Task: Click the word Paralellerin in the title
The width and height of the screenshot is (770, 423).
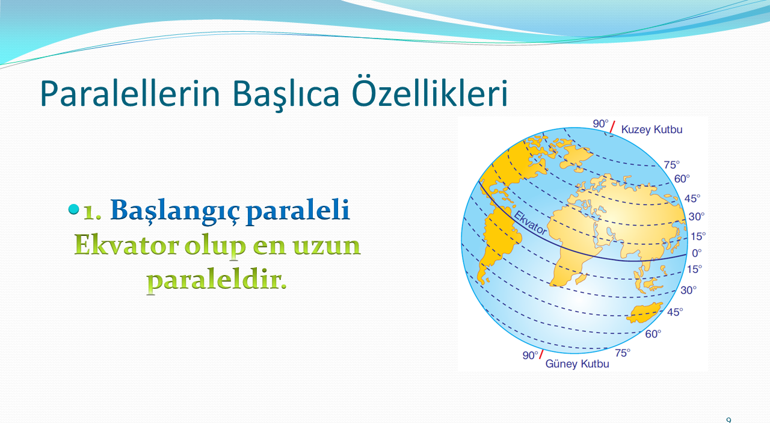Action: click(x=130, y=93)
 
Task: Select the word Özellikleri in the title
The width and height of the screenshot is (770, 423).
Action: click(x=430, y=91)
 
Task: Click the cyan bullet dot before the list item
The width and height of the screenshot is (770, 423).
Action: click(x=73, y=209)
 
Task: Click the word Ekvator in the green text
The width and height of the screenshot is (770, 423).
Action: click(x=126, y=245)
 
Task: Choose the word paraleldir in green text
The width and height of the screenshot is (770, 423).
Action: click(x=217, y=280)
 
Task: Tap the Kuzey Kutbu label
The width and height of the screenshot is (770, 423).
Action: click(x=651, y=129)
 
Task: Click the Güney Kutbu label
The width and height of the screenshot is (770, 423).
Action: click(x=577, y=363)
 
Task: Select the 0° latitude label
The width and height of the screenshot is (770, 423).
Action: click(x=697, y=253)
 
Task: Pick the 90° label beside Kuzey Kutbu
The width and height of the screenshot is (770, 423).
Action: click(x=600, y=123)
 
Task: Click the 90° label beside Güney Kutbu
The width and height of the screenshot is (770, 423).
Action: click(x=531, y=355)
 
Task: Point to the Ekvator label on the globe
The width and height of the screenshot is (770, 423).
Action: click(x=530, y=223)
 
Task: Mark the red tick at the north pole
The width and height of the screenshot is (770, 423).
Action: click(x=612, y=127)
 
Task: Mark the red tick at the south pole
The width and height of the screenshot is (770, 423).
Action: click(x=541, y=354)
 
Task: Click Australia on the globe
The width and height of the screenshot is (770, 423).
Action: click(x=644, y=313)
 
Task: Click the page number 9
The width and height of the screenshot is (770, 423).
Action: click(x=728, y=420)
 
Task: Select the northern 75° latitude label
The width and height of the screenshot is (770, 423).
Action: click(x=672, y=165)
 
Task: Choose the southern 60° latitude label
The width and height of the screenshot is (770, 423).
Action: click(x=653, y=334)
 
